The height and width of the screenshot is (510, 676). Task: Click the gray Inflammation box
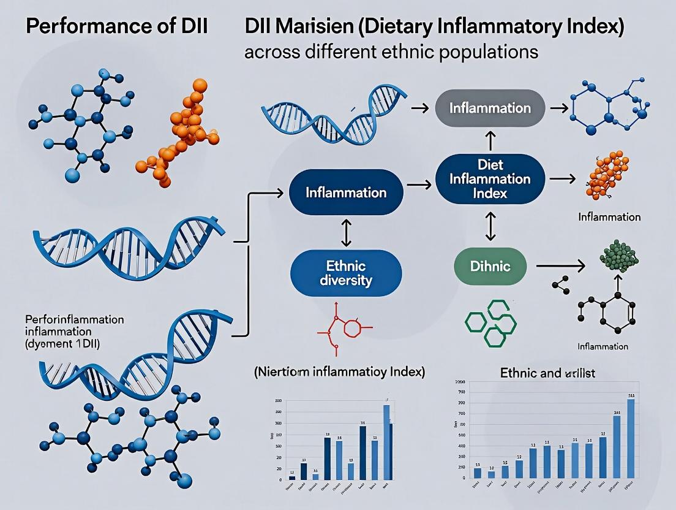(x=490, y=108)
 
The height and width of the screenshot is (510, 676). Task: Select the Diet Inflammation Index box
(x=490, y=178)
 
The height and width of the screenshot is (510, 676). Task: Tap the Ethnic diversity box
(x=345, y=274)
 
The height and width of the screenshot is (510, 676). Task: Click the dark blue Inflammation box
(x=346, y=192)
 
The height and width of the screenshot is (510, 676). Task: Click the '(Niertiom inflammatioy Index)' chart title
(x=339, y=372)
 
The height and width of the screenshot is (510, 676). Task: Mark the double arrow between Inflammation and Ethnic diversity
(x=346, y=233)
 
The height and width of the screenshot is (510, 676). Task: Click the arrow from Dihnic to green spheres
(x=560, y=265)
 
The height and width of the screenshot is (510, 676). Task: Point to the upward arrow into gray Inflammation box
(x=490, y=140)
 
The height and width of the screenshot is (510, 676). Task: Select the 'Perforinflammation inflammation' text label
(x=74, y=325)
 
